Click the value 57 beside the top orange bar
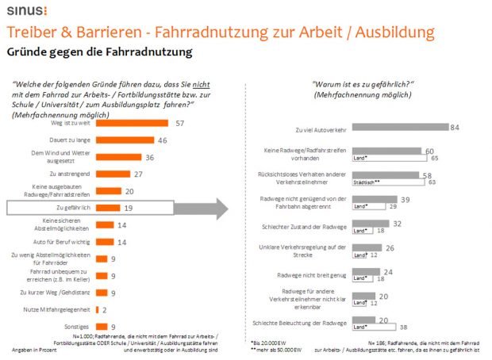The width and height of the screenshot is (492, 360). (180, 123)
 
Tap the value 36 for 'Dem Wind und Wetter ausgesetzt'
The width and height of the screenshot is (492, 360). (149, 156)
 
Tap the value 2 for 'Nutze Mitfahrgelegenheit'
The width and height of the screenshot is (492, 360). (105, 309)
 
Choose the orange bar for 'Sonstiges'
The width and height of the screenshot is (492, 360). (101, 326)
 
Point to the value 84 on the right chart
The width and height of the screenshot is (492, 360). (455, 127)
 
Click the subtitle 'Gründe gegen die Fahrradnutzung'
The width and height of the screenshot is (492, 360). (99, 53)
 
